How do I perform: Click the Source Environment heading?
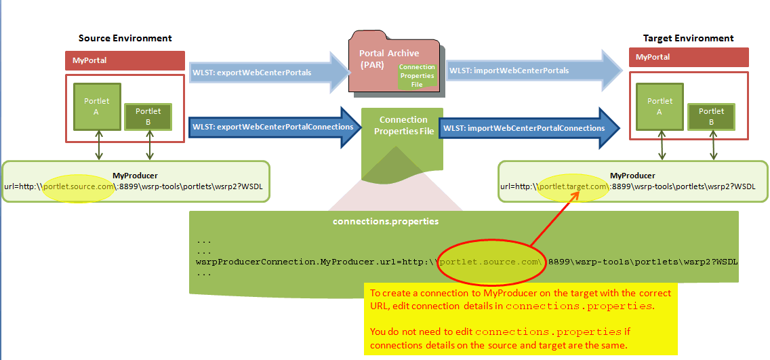[125, 39]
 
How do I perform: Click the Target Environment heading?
[688, 39]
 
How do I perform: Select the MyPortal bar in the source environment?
[125, 60]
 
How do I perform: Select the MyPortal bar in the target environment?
[689, 57]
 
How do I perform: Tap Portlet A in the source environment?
[97, 106]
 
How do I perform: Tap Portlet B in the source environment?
[148, 117]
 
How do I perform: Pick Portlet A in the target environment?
[660, 106]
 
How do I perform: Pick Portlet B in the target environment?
[711, 117]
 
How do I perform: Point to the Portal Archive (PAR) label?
[382, 59]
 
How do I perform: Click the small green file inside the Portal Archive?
[417, 76]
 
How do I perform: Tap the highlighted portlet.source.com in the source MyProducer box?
[79, 186]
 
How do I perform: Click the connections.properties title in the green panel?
[386, 222]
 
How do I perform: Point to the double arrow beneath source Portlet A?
[99, 145]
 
